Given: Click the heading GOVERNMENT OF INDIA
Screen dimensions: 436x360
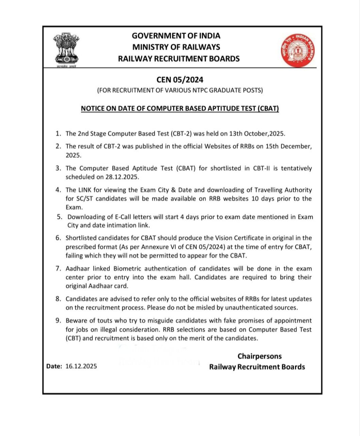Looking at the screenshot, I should coord(176,36).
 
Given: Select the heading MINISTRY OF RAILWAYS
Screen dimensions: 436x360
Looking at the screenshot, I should coord(176,47).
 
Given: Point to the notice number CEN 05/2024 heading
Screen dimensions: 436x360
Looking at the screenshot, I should coord(180,80).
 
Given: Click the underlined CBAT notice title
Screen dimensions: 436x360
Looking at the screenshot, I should coord(180,109).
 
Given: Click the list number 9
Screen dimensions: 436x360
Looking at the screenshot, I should coord(58,321).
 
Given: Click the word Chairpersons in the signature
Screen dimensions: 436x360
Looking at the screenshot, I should coord(260,356).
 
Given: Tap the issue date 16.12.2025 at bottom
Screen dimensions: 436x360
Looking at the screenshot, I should coord(81,367).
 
